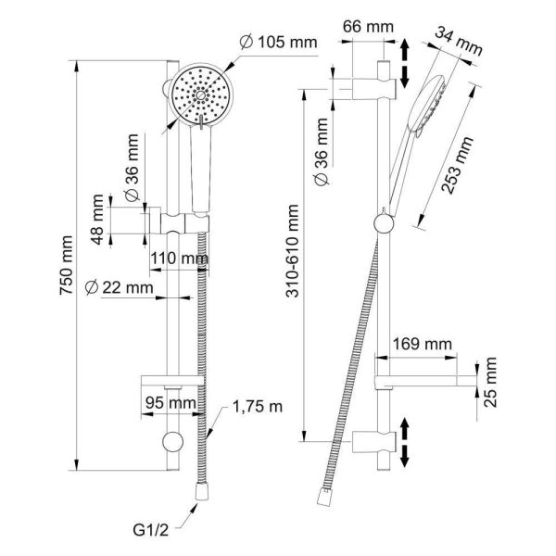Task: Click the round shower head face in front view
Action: click(200, 95)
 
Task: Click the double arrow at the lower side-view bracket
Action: click(405, 439)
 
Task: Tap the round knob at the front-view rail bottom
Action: click(171, 442)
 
